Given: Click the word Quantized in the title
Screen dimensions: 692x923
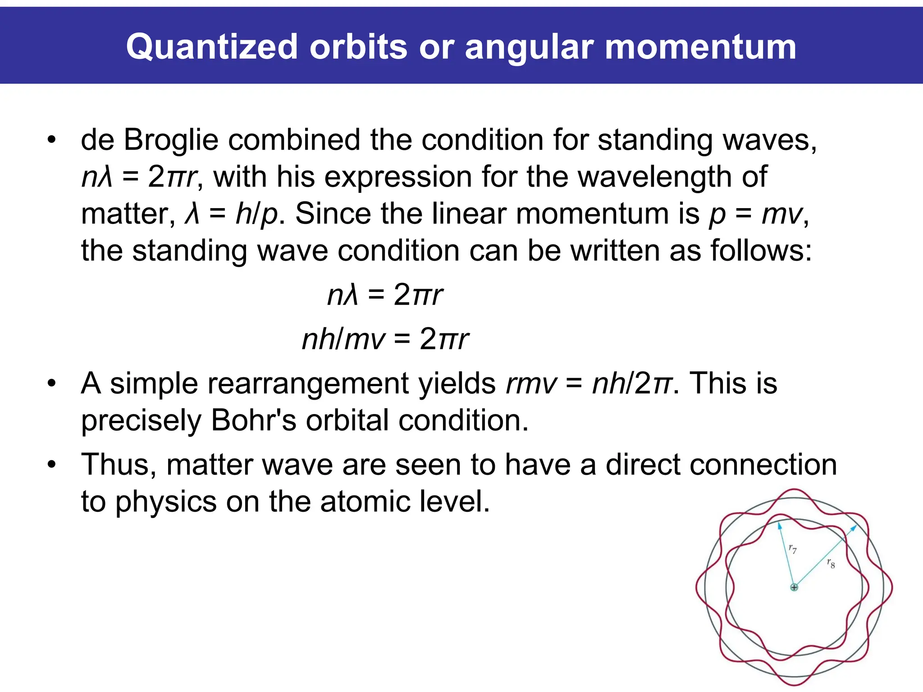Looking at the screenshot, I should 212,47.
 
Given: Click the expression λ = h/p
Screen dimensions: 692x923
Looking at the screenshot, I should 231,214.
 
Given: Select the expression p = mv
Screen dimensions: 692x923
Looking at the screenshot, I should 756,214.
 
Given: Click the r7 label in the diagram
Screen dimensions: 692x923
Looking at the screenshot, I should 793,549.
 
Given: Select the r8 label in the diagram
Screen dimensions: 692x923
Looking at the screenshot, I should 831,563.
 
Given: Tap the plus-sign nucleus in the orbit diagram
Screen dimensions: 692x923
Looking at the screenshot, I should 794,587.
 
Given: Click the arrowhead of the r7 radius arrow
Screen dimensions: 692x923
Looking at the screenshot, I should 780,526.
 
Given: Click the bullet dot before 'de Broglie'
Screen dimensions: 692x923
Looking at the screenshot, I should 52,140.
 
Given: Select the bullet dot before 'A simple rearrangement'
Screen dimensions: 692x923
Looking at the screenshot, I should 52,384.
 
